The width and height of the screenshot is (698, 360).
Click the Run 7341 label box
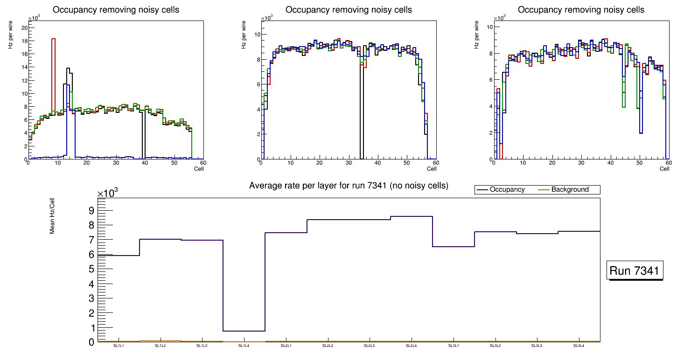[635, 271]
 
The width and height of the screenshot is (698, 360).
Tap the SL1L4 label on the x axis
[244, 346]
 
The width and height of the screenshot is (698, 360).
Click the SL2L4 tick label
[412, 346]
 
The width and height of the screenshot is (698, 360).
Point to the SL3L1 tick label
[454, 346]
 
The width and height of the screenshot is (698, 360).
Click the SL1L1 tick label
[119, 346]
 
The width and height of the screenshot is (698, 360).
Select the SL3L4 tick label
[579, 346]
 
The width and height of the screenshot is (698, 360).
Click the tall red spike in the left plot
[53, 70]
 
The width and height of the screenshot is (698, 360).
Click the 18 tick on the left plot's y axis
[25, 41]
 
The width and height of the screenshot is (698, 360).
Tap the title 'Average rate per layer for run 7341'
[349, 186]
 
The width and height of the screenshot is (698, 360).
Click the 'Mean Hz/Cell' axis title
[53, 218]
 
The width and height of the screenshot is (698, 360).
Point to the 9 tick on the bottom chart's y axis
[91, 211]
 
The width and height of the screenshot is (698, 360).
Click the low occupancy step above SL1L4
[244, 331]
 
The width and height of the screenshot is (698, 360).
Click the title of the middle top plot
[349, 10]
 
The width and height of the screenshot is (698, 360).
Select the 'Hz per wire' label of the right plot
[477, 35]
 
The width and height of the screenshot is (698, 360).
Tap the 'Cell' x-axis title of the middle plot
[432, 169]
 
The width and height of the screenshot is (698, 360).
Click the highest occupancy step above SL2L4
[412, 216]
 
